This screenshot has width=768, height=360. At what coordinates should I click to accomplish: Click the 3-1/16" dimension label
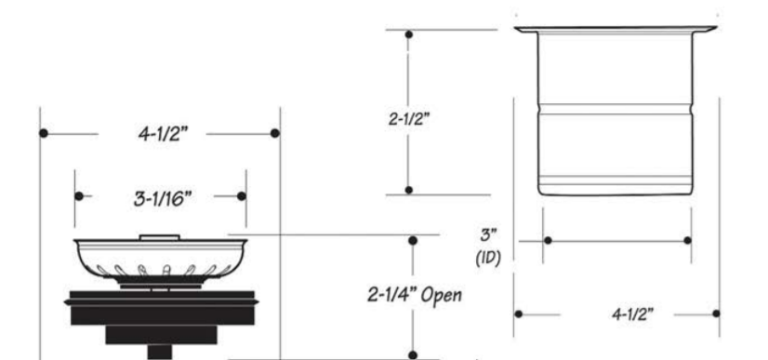pyautogui.click(x=159, y=196)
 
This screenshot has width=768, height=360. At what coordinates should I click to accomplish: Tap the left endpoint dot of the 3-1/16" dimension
pyautogui.click(x=78, y=196)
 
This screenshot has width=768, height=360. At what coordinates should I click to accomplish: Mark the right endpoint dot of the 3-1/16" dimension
pyautogui.click(x=242, y=196)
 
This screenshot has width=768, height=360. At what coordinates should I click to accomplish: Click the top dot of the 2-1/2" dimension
pyautogui.click(x=409, y=33)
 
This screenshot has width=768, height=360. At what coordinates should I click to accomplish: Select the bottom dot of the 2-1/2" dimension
pyautogui.click(x=409, y=191)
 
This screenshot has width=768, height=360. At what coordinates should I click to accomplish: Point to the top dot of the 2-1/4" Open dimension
pyautogui.click(x=412, y=240)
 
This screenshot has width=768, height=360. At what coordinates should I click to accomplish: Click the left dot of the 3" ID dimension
pyautogui.click(x=548, y=241)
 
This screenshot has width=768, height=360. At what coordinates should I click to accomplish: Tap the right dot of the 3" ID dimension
pyautogui.click(x=688, y=241)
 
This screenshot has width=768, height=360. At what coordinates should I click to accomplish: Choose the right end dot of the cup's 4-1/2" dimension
pyautogui.click(x=715, y=313)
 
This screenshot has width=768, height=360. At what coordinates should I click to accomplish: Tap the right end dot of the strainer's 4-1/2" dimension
pyautogui.click(x=274, y=133)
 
